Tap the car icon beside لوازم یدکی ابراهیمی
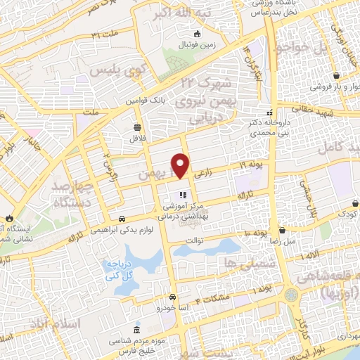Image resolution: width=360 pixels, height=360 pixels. pos(122,218)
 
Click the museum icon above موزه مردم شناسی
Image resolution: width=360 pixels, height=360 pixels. pos(136,330)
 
